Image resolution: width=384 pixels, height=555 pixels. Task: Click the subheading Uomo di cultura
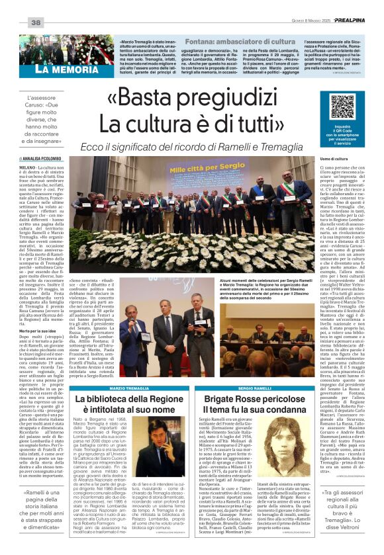(x=335, y=159)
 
